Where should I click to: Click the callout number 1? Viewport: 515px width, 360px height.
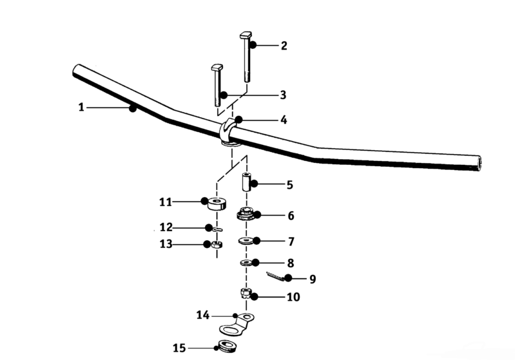81,108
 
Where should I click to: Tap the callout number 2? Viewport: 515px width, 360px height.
284,46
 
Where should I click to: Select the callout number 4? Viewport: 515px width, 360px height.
284,120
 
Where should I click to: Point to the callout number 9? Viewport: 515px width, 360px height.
313,279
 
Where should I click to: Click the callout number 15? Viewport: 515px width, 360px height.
179,348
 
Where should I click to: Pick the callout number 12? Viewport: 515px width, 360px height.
166,227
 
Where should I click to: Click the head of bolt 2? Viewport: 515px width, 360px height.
246,35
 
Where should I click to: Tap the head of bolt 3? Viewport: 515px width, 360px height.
217,67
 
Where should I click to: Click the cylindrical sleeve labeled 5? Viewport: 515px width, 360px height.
246,182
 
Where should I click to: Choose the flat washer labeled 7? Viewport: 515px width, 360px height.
246,242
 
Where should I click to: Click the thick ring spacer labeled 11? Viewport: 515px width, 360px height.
217,204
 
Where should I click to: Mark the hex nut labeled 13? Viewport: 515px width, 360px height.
217,245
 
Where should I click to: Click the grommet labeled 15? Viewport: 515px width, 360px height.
227,346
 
